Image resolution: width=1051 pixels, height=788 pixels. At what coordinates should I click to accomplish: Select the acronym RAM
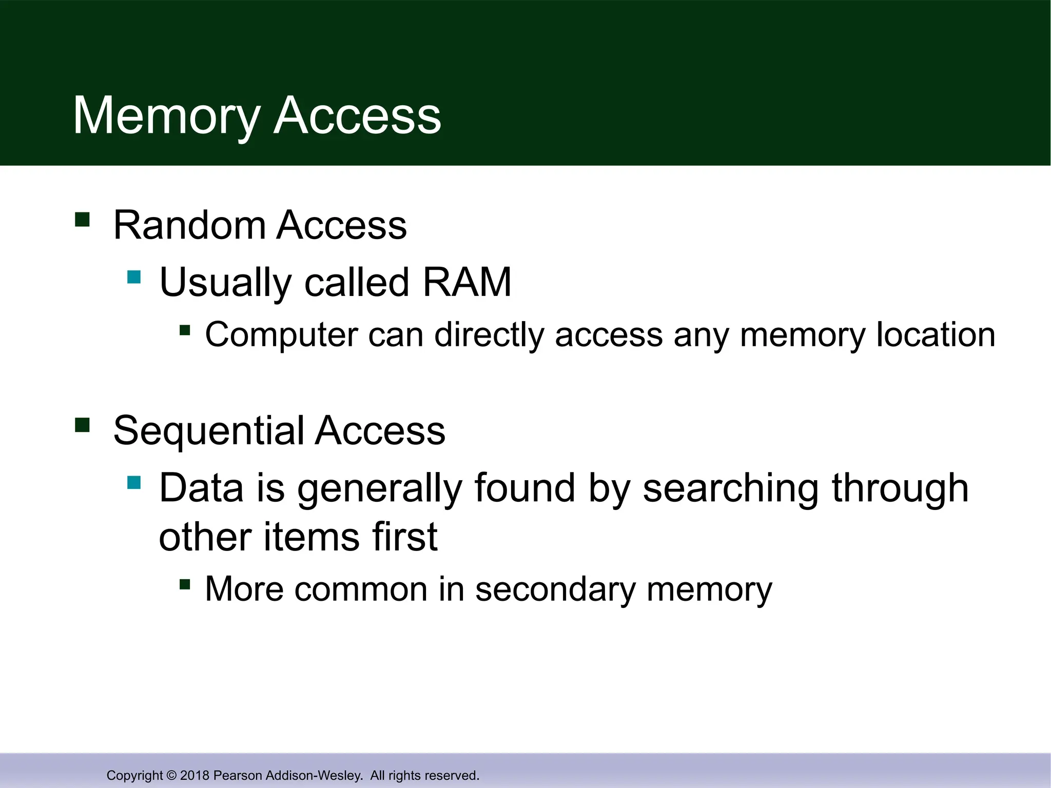click(x=466, y=282)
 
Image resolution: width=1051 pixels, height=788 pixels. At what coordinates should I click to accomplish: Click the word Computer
click(x=281, y=335)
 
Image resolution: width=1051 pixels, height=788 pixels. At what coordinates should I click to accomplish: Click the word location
click(x=936, y=335)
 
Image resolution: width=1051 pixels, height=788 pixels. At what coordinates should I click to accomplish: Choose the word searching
click(x=731, y=488)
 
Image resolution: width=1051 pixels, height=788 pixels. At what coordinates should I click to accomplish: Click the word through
click(x=900, y=488)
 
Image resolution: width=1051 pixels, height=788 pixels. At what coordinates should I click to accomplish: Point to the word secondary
click(x=555, y=589)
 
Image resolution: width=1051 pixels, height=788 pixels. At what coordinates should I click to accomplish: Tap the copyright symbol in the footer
click(x=171, y=775)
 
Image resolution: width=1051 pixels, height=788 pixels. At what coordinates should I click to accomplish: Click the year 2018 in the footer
click(x=195, y=775)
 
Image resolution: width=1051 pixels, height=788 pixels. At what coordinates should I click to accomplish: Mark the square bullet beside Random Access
click(x=82, y=220)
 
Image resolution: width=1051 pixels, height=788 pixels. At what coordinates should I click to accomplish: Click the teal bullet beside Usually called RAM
click(x=134, y=277)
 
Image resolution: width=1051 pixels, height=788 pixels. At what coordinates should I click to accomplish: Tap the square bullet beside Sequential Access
click(x=82, y=425)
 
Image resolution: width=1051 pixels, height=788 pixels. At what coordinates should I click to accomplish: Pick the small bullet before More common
click(x=185, y=584)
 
